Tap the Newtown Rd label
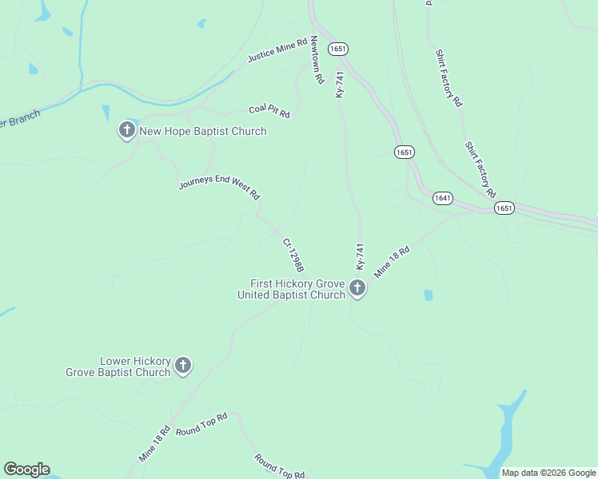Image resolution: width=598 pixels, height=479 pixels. [x=317, y=61]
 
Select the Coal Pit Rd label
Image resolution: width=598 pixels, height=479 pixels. [x=269, y=112]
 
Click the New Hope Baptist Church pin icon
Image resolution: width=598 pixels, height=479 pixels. [x=126, y=130]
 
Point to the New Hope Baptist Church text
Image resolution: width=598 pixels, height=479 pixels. [x=203, y=131]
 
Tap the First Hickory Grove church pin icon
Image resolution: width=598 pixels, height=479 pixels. [x=357, y=288]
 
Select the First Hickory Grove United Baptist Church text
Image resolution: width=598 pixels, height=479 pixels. [x=292, y=289]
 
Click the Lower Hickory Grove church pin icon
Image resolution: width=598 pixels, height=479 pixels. [x=183, y=366]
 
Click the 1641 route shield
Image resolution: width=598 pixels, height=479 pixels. [x=443, y=197]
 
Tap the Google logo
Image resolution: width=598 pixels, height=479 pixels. [x=26, y=469]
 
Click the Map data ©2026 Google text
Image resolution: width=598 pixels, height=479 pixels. [x=549, y=473]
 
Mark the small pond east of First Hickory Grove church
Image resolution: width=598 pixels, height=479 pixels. [x=429, y=295]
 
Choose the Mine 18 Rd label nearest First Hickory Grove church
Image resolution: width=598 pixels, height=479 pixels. [x=392, y=261]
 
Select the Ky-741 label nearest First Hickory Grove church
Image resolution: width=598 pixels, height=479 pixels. [x=360, y=256]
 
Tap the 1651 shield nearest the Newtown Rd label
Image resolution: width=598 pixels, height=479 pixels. [x=338, y=49]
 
